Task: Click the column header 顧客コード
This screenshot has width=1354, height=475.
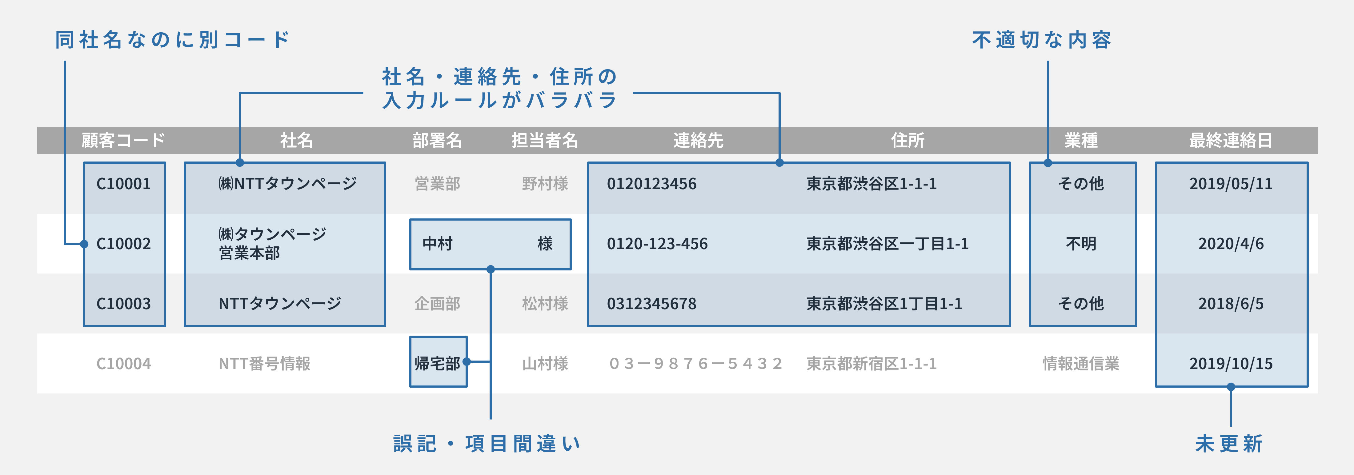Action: (123, 140)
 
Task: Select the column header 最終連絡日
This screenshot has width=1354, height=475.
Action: (1231, 140)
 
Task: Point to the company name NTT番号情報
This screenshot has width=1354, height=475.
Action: (264, 364)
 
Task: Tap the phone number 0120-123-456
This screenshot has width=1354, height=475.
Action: (657, 244)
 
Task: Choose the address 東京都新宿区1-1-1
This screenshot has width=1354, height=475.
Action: (871, 364)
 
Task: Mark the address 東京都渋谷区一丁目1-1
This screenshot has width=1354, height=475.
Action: (887, 244)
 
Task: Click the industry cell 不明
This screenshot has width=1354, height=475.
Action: (1081, 244)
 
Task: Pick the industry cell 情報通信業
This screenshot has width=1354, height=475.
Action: (1081, 364)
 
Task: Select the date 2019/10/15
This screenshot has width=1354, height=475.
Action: (1231, 364)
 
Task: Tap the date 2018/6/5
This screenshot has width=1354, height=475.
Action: (1231, 304)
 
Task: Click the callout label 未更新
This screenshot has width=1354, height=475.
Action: (1229, 444)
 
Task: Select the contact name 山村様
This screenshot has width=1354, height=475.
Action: (545, 364)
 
